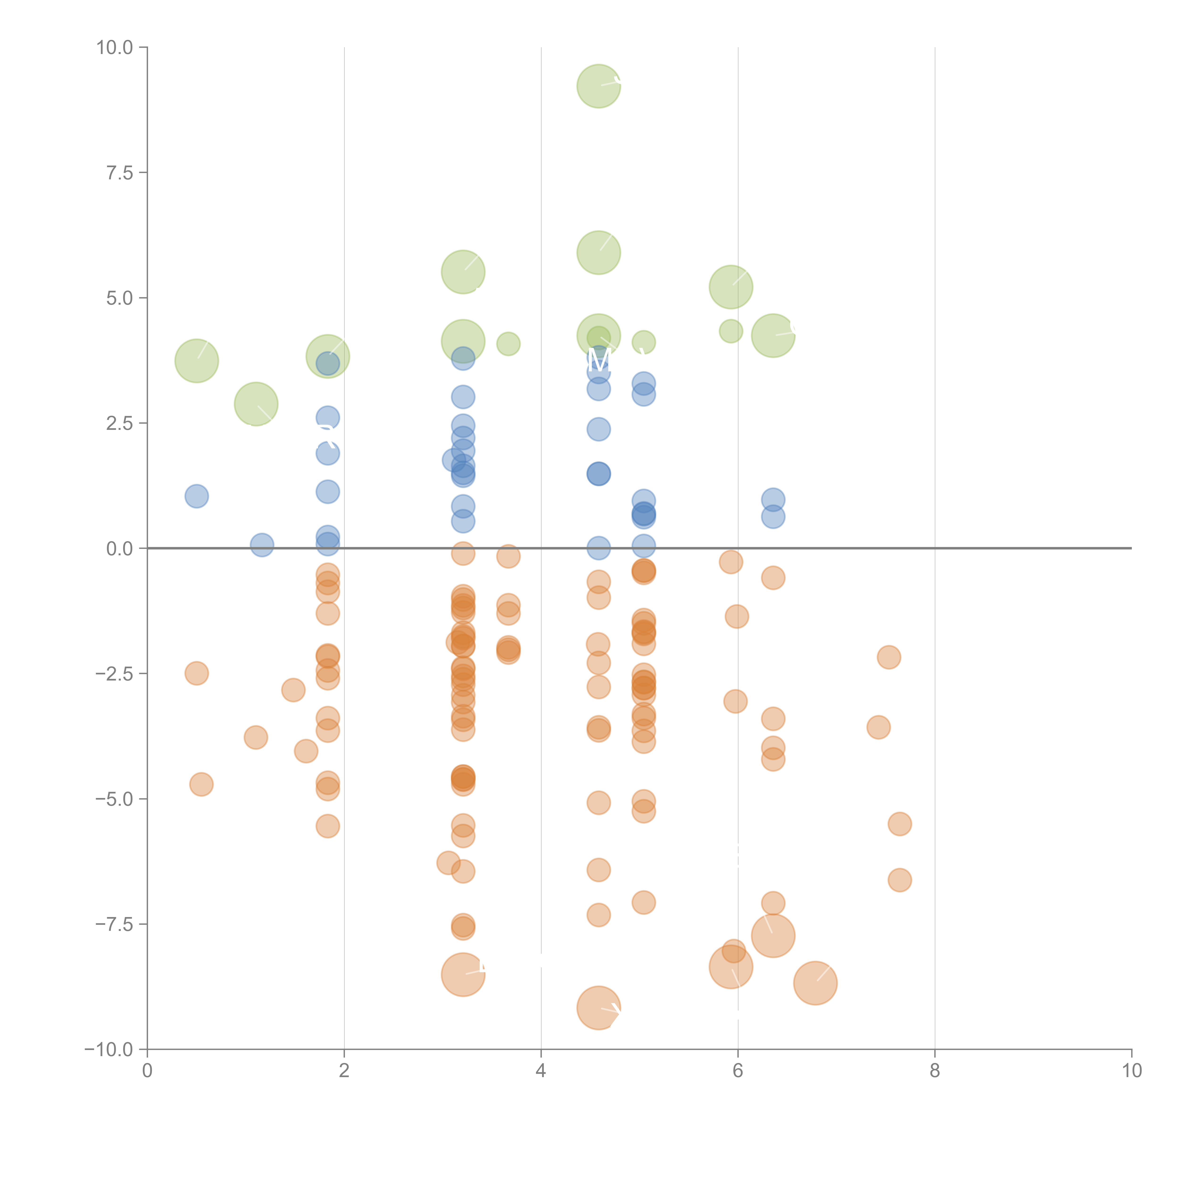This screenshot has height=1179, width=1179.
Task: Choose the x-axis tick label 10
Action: click(x=1131, y=1071)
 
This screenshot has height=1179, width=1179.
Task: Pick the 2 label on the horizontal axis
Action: click(x=344, y=1071)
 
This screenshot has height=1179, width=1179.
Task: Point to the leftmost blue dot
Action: click(x=196, y=496)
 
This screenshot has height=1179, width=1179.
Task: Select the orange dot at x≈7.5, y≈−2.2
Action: click(x=888, y=657)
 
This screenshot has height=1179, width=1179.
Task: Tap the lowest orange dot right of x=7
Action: click(x=900, y=880)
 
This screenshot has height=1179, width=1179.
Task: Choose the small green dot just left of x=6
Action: click(x=731, y=331)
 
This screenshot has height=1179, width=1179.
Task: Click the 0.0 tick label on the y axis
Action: click(x=120, y=549)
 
